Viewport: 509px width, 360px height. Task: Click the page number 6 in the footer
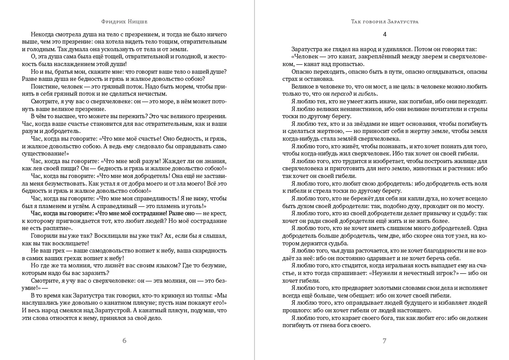pyautogui.click(x=125, y=340)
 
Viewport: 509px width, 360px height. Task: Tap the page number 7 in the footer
pyautogui.click(x=384, y=340)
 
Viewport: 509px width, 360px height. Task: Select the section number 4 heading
pyautogui.click(x=384, y=34)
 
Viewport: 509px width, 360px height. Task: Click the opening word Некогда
pyautogui.click(x=43, y=34)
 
